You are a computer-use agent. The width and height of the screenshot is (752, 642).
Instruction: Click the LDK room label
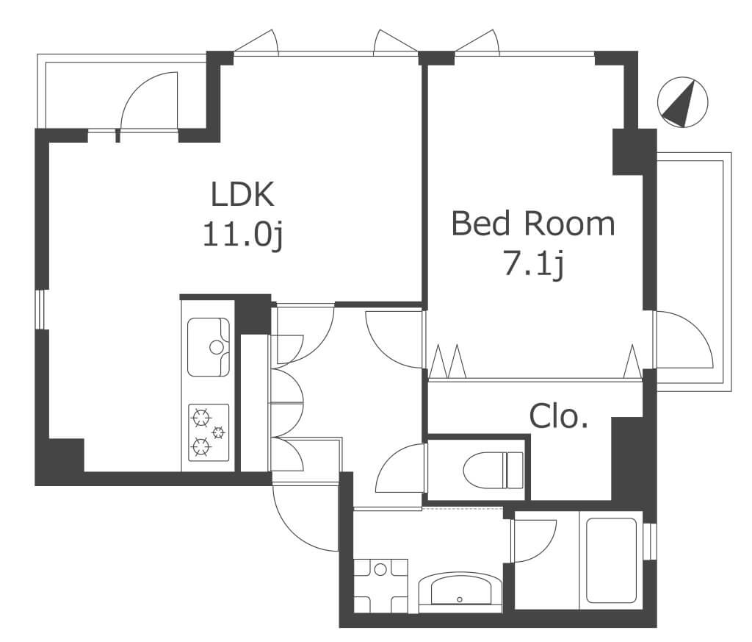tap(242, 194)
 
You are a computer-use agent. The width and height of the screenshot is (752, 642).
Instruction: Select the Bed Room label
tap(533, 224)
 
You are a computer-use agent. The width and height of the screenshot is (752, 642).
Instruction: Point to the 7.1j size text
tap(533, 265)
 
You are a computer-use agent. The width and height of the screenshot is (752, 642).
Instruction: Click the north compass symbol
tap(683, 101)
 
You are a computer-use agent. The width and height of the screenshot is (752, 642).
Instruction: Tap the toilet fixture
tap(493, 470)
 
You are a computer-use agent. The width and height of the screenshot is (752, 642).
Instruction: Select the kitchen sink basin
tap(208, 346)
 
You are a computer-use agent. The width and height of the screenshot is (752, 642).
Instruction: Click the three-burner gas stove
tap(209, 433)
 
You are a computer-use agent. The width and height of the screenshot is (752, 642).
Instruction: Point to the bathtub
tap(612, 560)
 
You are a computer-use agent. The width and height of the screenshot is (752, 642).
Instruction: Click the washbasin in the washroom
tap(460, 591)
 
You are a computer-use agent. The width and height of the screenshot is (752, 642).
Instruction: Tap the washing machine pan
tap(381, 585)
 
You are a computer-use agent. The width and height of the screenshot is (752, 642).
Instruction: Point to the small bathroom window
tap(651, 541)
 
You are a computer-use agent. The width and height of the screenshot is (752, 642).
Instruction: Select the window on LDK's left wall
tap(41, 309)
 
